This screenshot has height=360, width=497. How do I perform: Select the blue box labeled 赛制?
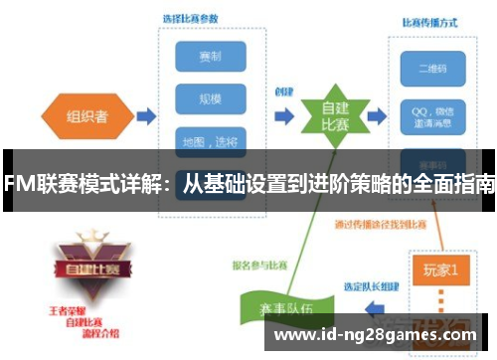(210, 57)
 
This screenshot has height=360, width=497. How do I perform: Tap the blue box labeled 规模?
(210, 99)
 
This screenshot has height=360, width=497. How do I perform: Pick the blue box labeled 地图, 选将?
(210, 140)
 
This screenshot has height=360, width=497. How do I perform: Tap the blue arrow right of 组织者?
(145, 116)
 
